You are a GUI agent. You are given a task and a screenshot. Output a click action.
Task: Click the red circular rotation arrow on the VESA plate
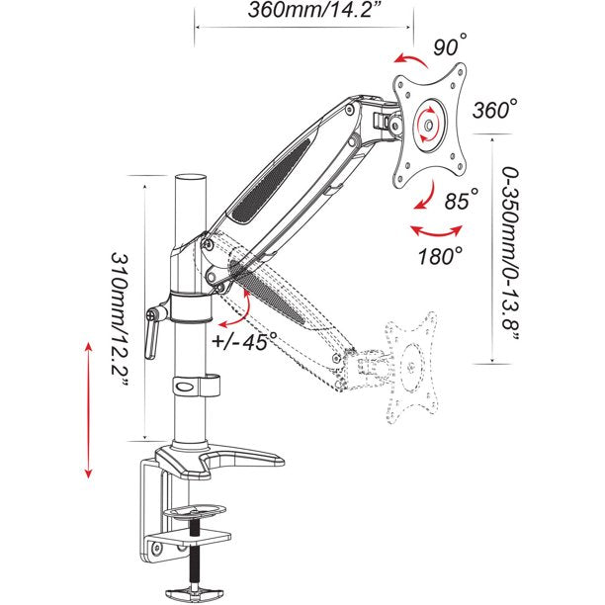click(x=427, y=126)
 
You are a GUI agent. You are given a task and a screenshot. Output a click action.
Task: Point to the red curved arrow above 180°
click(x=437, y=230)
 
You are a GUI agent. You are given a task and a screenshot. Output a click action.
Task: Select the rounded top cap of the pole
click(x=188, y=184)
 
